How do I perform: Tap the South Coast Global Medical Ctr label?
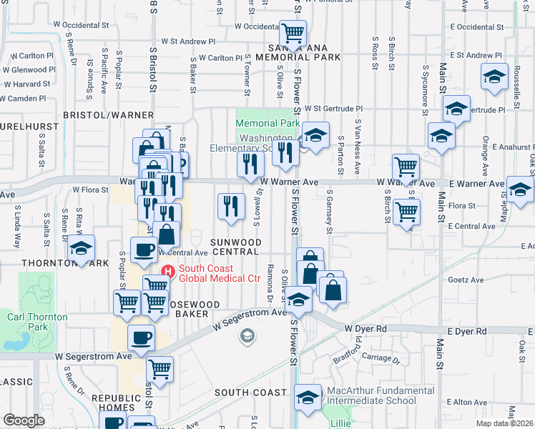click(x=219, y=272)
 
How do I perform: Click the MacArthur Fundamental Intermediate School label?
click(x=371, y=395)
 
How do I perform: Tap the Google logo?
click(x=24, y=420)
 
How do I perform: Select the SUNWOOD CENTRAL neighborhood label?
click(x=234, y=247)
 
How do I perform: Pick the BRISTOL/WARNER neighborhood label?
click(x=108, y=115)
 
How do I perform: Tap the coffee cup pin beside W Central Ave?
click(x=143, y=250)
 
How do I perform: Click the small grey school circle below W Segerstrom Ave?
click(x=247, y=335)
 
